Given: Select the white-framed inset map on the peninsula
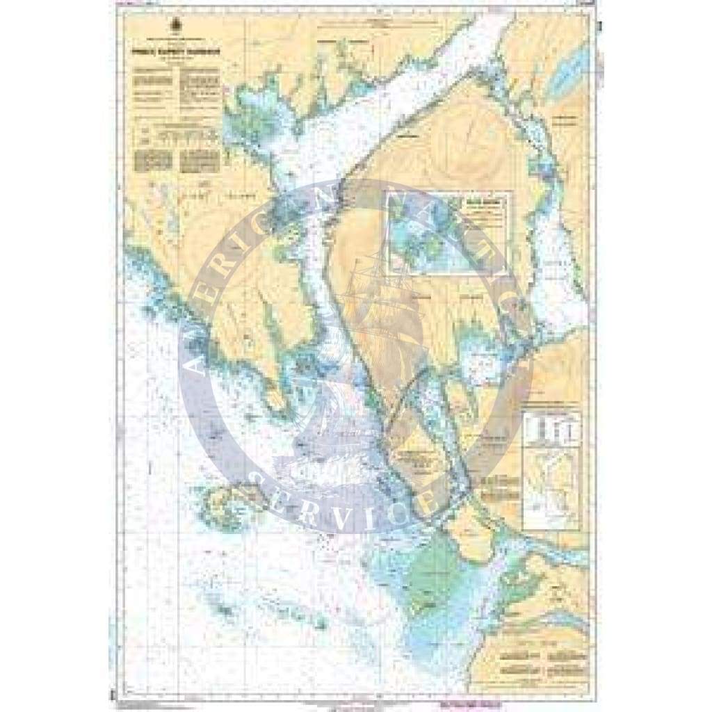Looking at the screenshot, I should [449, 234].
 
